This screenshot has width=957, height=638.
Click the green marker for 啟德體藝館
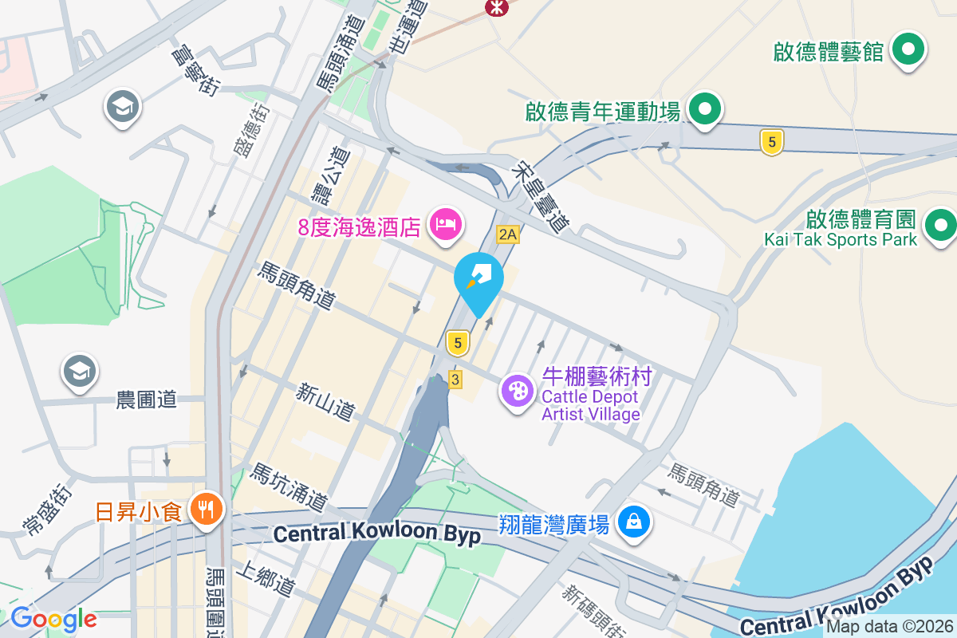(908, 50)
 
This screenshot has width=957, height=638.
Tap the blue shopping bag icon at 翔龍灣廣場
(633, 523)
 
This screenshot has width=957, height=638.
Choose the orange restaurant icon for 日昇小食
(207, 509)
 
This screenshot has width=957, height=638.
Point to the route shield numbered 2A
(508, 234)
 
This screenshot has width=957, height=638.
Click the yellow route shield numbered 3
(455, 380)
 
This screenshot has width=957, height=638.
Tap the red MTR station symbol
(497, 6)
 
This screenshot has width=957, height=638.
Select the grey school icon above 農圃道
(80, 372)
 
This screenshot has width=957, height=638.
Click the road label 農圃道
(146, 400)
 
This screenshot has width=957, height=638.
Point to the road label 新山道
(325, 402)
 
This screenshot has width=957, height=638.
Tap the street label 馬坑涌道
(289, 487)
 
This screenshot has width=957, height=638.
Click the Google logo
(53, 619)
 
